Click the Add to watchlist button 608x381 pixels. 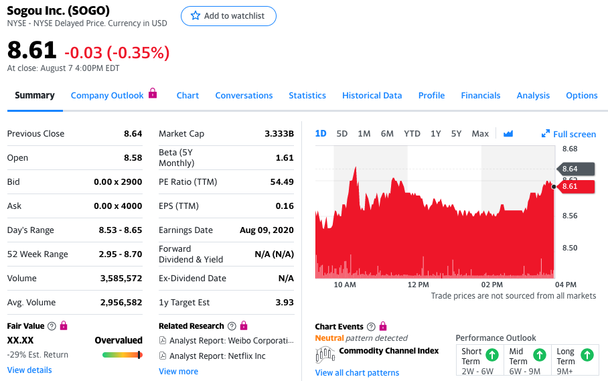pos(228,16)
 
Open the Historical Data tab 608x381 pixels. pos(372,95)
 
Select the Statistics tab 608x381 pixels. pos(307,95)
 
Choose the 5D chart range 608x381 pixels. pos(341,134)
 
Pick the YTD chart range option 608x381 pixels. pos(412,134)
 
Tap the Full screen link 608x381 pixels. pos(568,134)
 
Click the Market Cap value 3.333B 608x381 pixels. pos(279,134)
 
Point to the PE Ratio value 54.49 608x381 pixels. pos(282,181)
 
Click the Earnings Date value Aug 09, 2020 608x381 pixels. pos(267,230)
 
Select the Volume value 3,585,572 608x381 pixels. pos(121,279)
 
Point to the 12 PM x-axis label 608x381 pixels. pos(418,285)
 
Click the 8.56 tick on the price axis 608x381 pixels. pos(570,216)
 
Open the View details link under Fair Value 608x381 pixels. pos(29,370)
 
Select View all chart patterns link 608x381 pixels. pos(357,373)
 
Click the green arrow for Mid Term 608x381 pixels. pos(540,355)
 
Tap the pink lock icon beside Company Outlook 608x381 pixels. pos(153,93)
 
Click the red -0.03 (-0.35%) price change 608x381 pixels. pos(117,53)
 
